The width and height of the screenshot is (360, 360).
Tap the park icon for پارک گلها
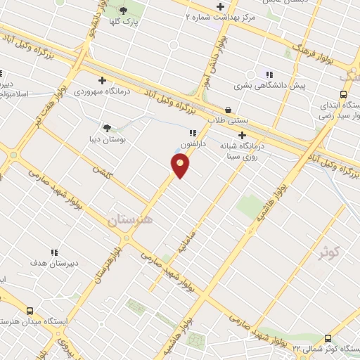pos(124,10)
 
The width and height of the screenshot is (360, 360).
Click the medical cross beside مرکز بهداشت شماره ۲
pos(220,6)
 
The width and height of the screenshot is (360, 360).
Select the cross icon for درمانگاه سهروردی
pos(103,80)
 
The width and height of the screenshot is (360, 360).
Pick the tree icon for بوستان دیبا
pos(107,127)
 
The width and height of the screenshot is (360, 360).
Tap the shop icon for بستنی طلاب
pos(229,110)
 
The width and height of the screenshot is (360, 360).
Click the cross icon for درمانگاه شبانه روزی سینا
pos(243,135)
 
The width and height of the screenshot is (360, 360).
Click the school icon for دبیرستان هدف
pos(54,252)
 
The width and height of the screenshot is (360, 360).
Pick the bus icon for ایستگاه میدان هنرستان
pos(30,310)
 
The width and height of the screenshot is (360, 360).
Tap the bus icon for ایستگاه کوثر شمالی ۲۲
pos(328,339)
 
